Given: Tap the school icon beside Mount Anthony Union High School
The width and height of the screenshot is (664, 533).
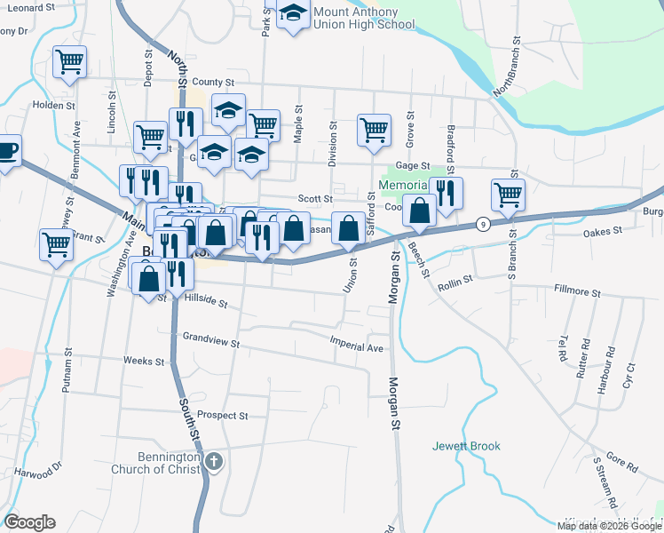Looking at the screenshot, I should tap(292, 14).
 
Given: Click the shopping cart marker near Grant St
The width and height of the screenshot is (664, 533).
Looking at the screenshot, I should tap(56, 242).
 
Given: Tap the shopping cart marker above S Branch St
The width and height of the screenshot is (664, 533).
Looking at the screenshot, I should tap(508, 194).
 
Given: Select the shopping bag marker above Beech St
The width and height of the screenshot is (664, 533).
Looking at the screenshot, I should tap(420, 210).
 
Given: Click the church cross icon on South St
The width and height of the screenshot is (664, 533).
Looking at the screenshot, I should tap(213, 461).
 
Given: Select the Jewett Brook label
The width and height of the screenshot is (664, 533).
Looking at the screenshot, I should tap(467, 446).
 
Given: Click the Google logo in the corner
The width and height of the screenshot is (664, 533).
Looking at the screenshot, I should tap(29, 522).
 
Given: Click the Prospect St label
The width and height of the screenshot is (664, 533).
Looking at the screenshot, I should tap(222, 415).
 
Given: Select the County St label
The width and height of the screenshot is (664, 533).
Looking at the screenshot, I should tap(210, 82).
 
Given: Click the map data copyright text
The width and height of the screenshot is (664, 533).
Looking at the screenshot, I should tap(609, 526).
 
